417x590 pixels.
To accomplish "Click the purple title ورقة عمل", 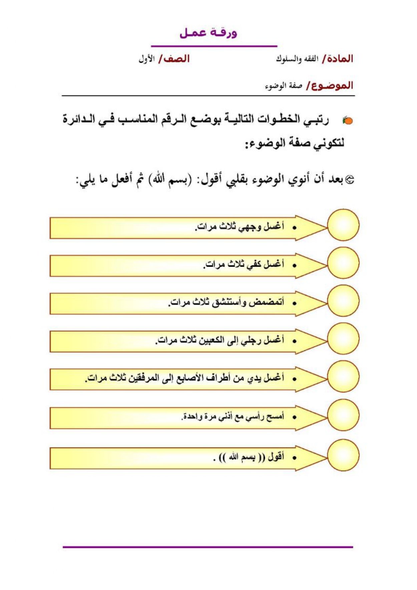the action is [x=208, y=33].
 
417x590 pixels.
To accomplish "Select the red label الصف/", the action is [x=174, y=59].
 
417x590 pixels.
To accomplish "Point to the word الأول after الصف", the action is [x=146, y=59].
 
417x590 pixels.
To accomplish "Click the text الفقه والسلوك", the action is [x=297, y=59].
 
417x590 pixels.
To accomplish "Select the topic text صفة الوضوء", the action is [x=284, y=86].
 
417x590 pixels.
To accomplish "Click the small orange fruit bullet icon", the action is [x=348, y=120].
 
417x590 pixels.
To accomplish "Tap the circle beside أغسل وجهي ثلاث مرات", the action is [x=343, y=225].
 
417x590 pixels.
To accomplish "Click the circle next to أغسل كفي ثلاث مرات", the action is [x=343, y=263].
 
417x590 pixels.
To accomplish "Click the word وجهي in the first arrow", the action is [x=250, y=227].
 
